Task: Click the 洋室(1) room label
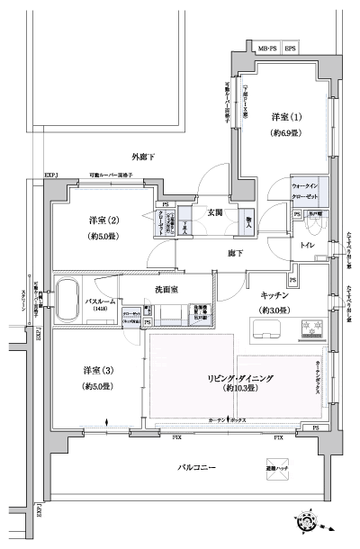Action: click(283, 118)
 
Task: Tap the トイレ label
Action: click(308, 243)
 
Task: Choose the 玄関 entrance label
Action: click(215, 213)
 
